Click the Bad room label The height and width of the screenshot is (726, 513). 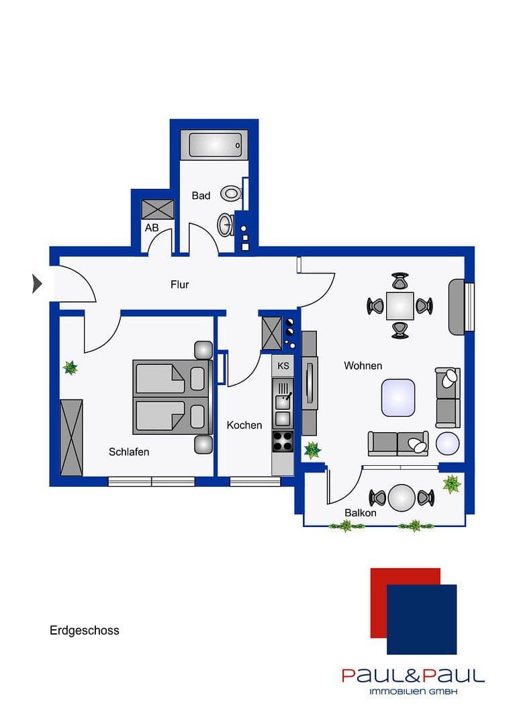pos(201,196)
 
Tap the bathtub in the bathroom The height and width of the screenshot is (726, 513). pos(214,145)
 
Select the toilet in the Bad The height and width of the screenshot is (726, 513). pos(232,194)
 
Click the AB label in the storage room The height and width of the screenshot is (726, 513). pos(152,228)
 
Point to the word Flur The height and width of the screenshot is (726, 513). pos(179,284)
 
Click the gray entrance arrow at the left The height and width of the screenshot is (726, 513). pos(37,284)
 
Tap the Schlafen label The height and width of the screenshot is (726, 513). pos(129,452)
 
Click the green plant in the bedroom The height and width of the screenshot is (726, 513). pos(70,368)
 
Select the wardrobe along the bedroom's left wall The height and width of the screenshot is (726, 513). pos(71,437)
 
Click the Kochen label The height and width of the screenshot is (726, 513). pos(244,425)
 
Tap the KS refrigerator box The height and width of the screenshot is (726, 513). pos(283,366)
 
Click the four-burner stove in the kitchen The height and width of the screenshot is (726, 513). pos(283,441)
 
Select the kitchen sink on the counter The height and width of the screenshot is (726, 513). pos(283,403)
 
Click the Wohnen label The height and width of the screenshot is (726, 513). pos(363,366)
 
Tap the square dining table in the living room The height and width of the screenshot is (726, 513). pos(400,306)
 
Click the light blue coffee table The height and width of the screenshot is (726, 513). pos(398,397)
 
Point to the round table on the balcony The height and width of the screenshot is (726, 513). pos(402,497)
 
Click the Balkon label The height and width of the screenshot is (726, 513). pos(360,513)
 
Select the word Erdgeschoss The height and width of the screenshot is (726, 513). pos(85,631)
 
